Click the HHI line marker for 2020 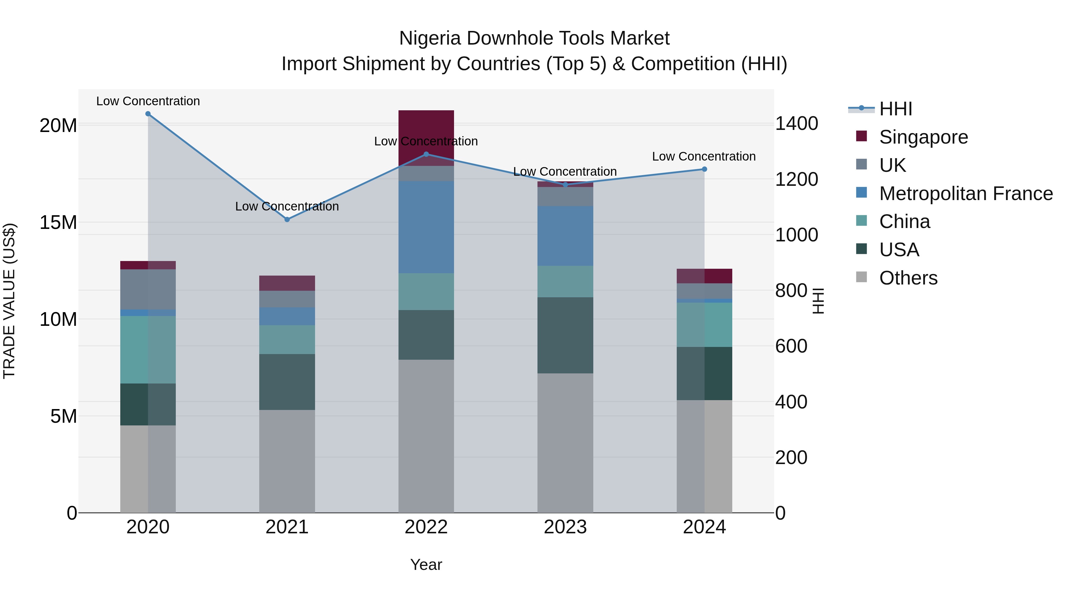[148, 114]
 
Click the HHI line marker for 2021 [287, 219]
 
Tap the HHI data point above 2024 [704, 169]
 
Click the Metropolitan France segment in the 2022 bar [426, 227]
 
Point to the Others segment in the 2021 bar [287, 461]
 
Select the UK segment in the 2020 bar [148, 289]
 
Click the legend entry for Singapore [923, 137]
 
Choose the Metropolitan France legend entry [965, 194]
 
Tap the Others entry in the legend [908, 278]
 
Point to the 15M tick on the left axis [58, 223]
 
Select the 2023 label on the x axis [565, 527]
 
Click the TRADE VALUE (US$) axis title [9, 301]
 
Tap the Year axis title [426, 565]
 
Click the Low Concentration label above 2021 [287, 207]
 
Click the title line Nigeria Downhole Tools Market [534, 38]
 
